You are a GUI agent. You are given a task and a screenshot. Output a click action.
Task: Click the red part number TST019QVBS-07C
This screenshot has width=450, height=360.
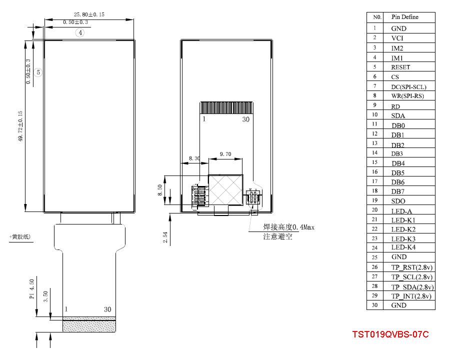click(x=390, y=334)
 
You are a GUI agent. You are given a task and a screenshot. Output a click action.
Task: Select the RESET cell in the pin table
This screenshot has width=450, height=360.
click(x=400, y=67)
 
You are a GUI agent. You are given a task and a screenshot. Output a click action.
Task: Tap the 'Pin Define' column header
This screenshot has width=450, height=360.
click(x=404, y=17)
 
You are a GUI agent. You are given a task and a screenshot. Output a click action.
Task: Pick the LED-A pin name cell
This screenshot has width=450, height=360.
click(x=401, y=211)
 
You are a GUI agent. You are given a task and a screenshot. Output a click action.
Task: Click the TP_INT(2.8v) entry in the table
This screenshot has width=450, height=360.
click(x=411, y=296)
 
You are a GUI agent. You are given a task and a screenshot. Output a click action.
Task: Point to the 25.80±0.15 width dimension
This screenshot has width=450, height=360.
click(x=89, y=14)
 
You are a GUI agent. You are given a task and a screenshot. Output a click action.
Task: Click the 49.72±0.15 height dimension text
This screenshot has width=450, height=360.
click(x=20, y=126)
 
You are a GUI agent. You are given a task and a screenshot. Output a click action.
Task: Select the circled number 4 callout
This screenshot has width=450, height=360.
click(x=80, y=32)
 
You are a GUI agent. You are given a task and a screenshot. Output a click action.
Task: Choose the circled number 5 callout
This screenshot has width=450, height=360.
click(x=38, y=72)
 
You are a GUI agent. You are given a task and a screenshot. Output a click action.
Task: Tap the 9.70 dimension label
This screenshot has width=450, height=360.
click(x=225, y=154)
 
